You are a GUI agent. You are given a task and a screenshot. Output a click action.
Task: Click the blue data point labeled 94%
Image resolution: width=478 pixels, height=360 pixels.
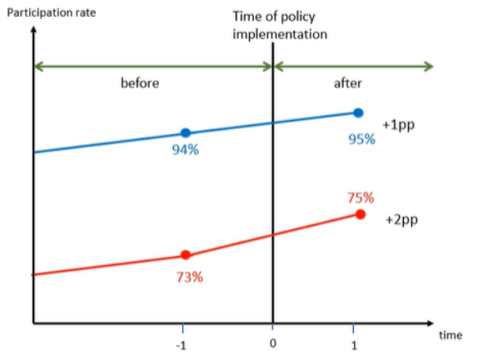186,132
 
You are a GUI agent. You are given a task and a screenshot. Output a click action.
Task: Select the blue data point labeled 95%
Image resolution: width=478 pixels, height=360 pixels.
358,112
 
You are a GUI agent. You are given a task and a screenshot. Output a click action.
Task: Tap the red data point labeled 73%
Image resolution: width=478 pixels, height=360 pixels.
186,255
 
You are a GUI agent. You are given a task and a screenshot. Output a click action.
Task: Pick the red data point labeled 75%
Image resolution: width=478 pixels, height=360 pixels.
360,214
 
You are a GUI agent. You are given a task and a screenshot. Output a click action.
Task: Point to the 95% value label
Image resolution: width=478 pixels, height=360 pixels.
361,139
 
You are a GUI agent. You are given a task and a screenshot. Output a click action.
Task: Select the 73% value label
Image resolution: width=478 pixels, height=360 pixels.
189,277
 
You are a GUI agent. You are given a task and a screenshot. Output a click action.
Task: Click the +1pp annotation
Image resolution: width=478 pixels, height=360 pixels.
398,122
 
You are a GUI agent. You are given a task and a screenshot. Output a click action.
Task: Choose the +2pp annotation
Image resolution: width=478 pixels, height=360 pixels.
401,222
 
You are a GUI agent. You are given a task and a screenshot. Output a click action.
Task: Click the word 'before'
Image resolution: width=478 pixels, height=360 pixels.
139,84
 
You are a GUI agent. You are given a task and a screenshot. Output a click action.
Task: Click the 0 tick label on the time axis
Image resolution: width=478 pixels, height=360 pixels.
273,342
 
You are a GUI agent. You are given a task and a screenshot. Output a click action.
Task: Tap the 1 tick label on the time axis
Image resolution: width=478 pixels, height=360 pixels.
354,343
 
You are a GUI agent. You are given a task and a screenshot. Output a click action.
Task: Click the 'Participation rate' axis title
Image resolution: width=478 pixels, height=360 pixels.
52,12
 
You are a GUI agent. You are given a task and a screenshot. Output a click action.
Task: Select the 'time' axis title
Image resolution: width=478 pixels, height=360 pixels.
451,335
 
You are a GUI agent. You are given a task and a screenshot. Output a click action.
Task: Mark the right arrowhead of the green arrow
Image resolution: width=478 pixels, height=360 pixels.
429,66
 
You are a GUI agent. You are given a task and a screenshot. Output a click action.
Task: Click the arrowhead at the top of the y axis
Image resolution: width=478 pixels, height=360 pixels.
33,32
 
